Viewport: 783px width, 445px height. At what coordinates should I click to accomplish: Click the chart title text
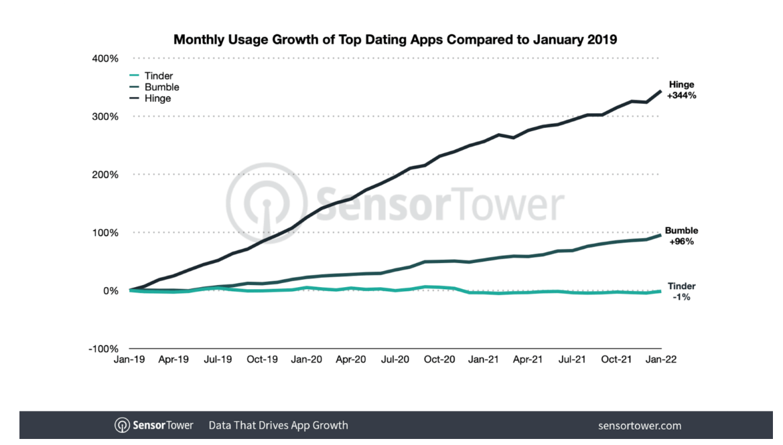click(x=395, y=39)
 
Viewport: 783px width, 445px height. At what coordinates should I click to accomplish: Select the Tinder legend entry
click(x=158, y=76)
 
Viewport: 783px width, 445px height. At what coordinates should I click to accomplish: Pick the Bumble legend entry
click(x=161, y=87)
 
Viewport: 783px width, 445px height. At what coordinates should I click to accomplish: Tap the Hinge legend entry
click(x=157, y=98)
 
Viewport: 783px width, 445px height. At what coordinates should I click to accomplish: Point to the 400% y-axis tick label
click(x=106, y=58)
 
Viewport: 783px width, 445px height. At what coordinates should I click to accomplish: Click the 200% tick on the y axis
click(x=106, y=175)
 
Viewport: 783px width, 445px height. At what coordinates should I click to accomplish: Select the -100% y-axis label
click(x=104, y=349)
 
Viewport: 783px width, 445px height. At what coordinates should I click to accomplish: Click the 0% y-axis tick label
click(x=111, y=291)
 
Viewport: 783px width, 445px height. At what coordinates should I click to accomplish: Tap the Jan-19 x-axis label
click(x=130, y=359)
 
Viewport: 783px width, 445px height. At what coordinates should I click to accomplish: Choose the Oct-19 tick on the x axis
click(x=263, y=359)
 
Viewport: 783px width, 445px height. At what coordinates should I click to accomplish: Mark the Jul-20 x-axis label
click(x=395, y=359)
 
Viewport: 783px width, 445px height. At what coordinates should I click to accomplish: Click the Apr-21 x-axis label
click(x=528, y=359)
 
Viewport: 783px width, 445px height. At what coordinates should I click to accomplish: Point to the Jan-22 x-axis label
click(x=661, y=359)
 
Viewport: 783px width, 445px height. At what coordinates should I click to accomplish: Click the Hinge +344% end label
click(x=682, y=90)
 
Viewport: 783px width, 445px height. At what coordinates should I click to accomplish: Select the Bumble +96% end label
click(x=682, y=236)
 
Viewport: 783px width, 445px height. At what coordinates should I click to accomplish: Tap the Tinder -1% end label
click(x=682, y=291)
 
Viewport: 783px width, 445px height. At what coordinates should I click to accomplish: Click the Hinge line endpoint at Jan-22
click(x=661, y=91)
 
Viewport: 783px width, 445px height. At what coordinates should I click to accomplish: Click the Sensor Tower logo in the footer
click(x=154, y=425)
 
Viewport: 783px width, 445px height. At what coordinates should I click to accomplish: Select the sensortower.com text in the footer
click(x=639, y=425)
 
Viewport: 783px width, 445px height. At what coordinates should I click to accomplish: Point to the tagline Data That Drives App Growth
click(x=278, y=425)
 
